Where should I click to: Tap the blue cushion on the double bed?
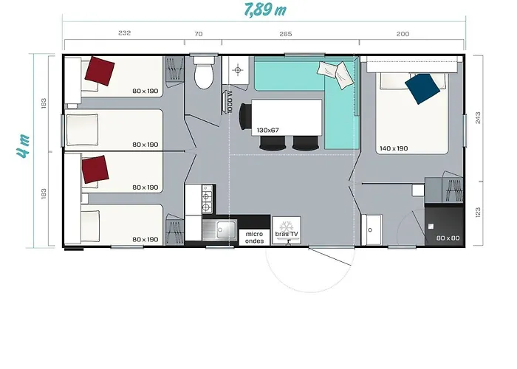pos(422,89)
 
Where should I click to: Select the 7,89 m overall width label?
pos(265,9)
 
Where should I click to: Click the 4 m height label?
pos(24,145)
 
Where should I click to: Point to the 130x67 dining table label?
pos(267,130)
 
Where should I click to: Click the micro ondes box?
pos(254,237)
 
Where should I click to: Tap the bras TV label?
pos(287,234)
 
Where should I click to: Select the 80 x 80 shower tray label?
pos(448,238)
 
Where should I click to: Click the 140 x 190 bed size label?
pos(394,148)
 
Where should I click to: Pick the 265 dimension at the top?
pos(286,34)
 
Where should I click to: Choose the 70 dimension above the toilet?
pos(199,34)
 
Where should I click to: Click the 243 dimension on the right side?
pos(478,118)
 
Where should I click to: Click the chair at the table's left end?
pos(244,117)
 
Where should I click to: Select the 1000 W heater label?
pos(230,102)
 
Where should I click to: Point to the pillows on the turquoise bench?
pos(333,74)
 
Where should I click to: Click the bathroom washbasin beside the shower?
pos(372,230)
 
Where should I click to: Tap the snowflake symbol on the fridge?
pos(287,227)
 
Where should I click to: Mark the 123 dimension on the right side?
pos(478,213)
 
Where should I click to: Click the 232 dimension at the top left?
pos(124,33)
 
